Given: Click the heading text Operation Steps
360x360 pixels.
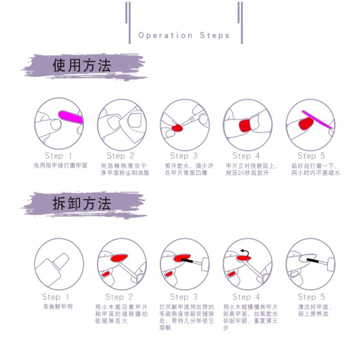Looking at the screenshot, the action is pos(184,35).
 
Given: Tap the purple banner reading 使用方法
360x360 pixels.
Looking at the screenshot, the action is pos(84,67).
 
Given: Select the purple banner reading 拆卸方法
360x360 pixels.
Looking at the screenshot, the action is pos(84,204).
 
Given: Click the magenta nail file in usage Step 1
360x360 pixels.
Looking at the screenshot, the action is pos(70,117).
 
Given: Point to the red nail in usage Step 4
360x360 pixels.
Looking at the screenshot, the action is pos(244,125).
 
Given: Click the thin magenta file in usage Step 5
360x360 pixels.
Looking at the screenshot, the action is pos(317,119).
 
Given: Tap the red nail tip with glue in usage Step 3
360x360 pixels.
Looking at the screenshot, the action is pos(177,128).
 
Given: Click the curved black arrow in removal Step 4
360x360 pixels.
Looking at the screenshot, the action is pos(245,252).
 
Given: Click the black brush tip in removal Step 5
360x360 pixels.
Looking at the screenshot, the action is pos(312,260).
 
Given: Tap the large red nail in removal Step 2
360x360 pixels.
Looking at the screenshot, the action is pos(119,258).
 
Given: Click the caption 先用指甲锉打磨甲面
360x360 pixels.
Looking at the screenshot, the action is pos(60,166).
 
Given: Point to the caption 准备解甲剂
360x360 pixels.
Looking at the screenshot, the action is pos(57,306).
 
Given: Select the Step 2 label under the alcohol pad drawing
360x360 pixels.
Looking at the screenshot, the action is pos(120,156).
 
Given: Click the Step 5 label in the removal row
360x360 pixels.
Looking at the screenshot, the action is pos(311,297).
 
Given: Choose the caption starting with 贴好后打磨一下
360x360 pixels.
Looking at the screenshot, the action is pos(315,169).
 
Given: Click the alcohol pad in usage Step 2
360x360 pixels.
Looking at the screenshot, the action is pos(132,125).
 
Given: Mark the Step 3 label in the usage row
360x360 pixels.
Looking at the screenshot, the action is pos(184,156).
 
